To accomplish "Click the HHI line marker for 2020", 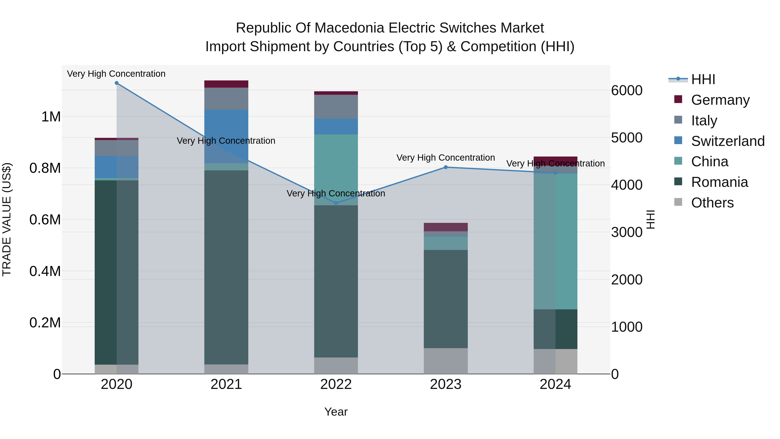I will click(117, 83).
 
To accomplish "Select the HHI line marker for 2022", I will click(336, 203).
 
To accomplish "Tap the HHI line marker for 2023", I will click(445, 167).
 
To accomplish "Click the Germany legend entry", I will click(720, 100).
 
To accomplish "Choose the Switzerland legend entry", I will click(728, 141).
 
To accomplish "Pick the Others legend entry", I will click(712, 202).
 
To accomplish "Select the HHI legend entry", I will click(703, 79).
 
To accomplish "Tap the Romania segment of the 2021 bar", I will click(226, 267).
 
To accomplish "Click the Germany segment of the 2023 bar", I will click(445, 227).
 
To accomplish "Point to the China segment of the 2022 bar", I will click(336, 170).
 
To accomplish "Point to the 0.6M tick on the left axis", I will click(45, 220).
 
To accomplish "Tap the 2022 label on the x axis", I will click(336, 384).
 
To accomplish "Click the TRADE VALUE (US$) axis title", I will click(7, 219).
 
